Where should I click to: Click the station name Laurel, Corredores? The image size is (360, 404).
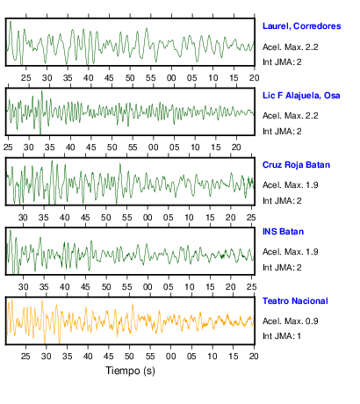[301, 26]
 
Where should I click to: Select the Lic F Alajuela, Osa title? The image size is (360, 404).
[301, 96]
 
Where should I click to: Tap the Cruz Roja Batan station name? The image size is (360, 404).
[296, 165]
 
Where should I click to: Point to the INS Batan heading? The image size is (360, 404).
[283, 232]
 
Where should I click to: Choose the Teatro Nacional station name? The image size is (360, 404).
[295, 301]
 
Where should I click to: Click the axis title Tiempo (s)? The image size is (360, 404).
[130, 371]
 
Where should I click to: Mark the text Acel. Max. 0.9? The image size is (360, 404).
[290, 321]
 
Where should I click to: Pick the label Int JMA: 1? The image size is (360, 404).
[282, 336]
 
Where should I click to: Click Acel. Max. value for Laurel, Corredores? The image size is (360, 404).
[290, 47]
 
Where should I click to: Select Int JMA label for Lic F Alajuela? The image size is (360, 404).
[282, 132]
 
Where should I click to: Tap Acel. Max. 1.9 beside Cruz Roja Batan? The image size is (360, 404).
[290, 185]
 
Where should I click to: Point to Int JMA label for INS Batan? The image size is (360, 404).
[282, 268]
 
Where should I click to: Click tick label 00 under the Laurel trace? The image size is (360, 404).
[171, 78]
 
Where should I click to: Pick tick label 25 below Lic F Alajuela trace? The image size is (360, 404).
[8, 148]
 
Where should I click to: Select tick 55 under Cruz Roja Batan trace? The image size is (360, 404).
[126, 218]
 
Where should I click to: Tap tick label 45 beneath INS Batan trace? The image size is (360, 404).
[85, 287]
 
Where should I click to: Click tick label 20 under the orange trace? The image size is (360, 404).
[254, 357]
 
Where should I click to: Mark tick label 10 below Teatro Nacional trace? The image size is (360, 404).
[212, 357]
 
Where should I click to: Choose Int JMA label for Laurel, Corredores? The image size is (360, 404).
[282, 62]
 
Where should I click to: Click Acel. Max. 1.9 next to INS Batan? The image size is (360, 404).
[290, 252]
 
